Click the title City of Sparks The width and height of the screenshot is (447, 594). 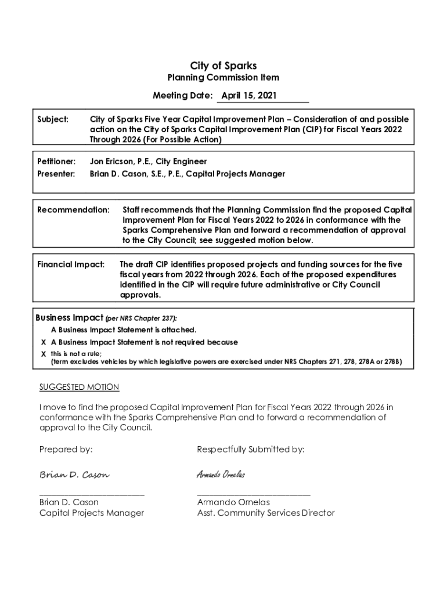223,66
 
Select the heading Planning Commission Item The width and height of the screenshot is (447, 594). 223,78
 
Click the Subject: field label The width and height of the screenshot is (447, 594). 53,119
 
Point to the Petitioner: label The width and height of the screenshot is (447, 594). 56,161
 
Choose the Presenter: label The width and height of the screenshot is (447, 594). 56,174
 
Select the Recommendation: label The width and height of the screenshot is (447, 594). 73,209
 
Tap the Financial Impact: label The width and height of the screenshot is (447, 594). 71,265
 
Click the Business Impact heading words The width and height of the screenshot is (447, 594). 70,318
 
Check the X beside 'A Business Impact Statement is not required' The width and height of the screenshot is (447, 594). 44,342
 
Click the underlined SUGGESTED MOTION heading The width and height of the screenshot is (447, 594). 79,387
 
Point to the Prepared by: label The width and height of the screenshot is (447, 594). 66,450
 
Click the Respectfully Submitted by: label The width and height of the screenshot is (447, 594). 251,450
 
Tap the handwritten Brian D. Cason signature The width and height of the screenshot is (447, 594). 74,475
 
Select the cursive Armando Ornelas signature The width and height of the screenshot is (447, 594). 221,475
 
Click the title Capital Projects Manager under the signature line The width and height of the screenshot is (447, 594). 92,513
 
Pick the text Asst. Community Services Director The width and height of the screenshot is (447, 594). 266,513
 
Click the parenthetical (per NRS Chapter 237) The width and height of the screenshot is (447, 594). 141,318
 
